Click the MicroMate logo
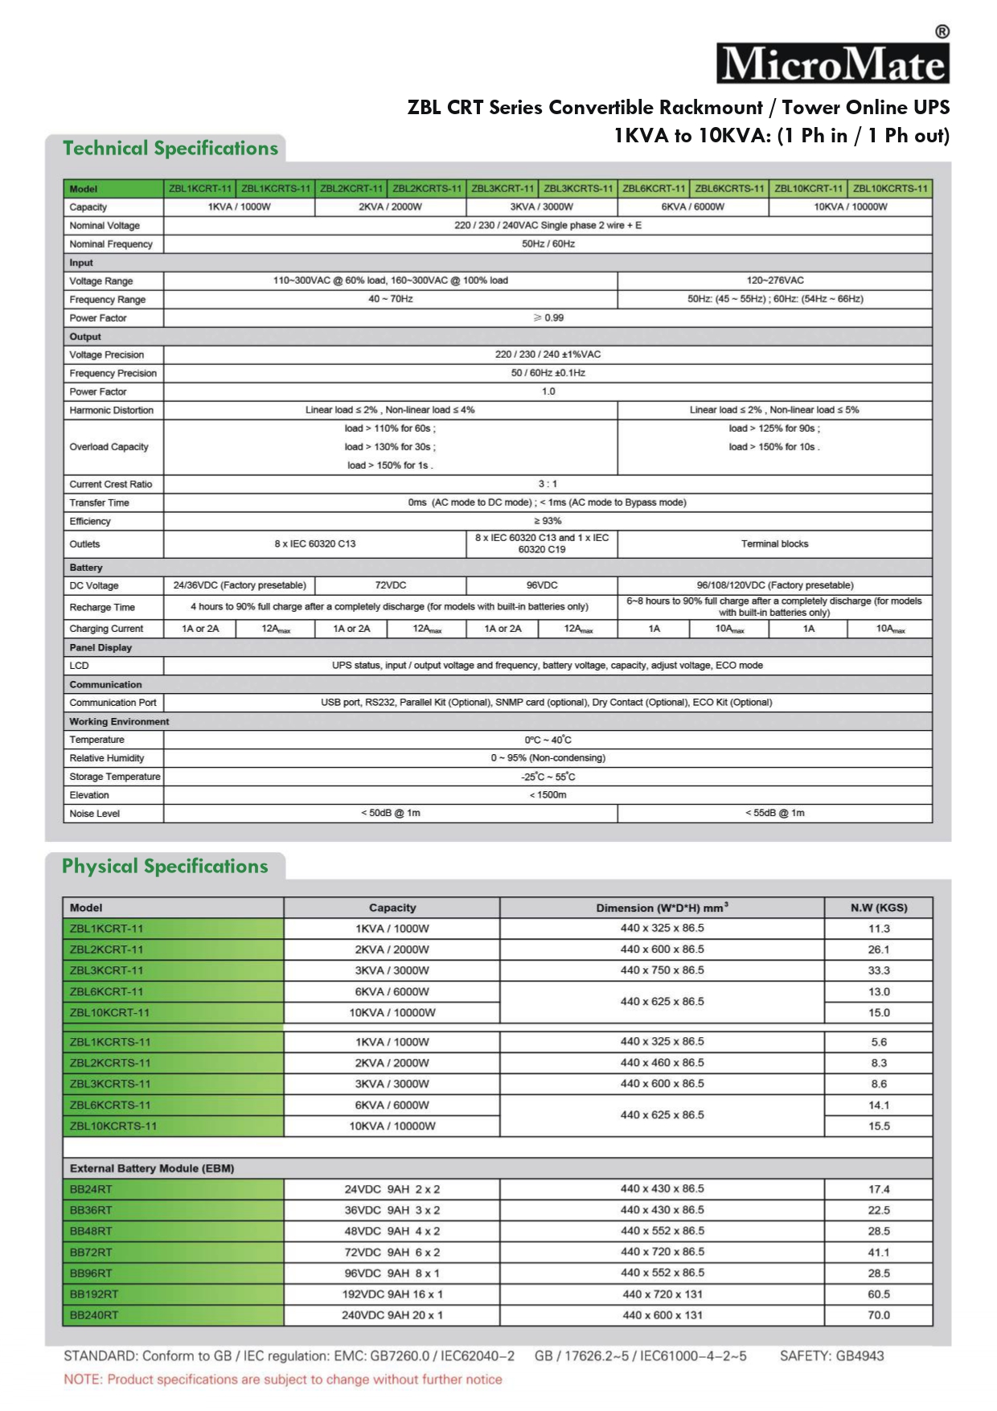point(833,64)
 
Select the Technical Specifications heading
point(170,149)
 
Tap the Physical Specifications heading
point(165,867)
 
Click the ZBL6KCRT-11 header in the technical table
point(654,189)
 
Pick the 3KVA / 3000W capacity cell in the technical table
point(542,207)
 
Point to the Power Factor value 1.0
point(548,392)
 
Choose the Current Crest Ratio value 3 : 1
point(548,484)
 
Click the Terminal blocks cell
point(774,544)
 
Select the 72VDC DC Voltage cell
point(391,585)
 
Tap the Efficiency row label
point(90,521)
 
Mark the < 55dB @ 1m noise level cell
point(774,813)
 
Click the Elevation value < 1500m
point(548,795)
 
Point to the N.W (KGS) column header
point(879,908)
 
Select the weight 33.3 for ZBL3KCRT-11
point(879,970)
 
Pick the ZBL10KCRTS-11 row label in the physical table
point(113,1126)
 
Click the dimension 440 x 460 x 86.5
point(662,1062)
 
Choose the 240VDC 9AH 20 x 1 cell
point(392,1315)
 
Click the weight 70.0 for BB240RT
point(879,1315)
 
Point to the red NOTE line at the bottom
point(283,1380)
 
